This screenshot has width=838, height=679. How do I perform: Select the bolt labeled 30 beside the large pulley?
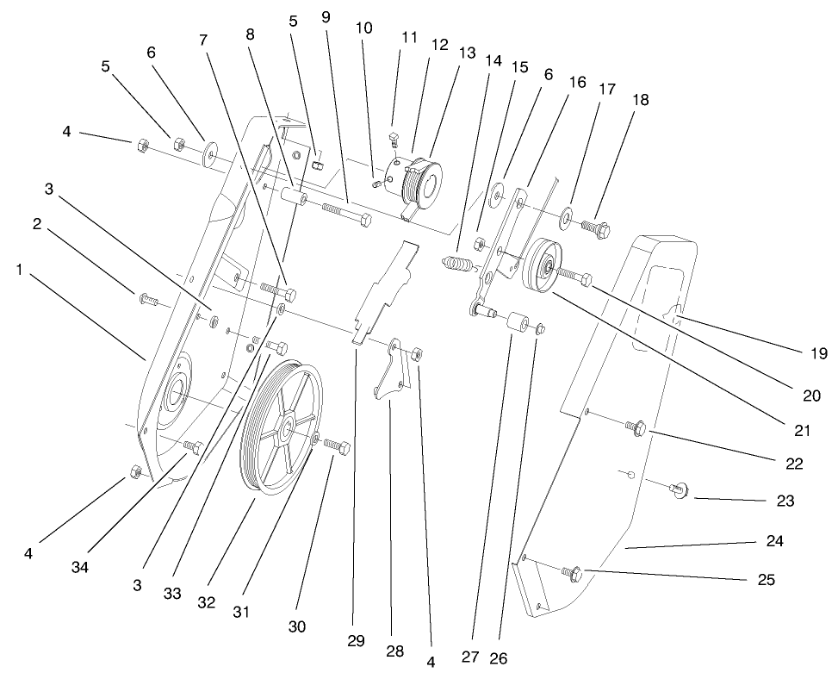(x=337, y=448)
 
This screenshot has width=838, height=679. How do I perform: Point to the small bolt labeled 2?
(x=147, y=301)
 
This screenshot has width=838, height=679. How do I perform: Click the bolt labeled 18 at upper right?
(x=598, y=228)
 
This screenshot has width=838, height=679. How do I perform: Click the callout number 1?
(x=19, y=270)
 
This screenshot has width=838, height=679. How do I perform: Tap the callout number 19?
(x=817, y=352)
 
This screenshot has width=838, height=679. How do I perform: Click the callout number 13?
(x=466, y=53)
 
